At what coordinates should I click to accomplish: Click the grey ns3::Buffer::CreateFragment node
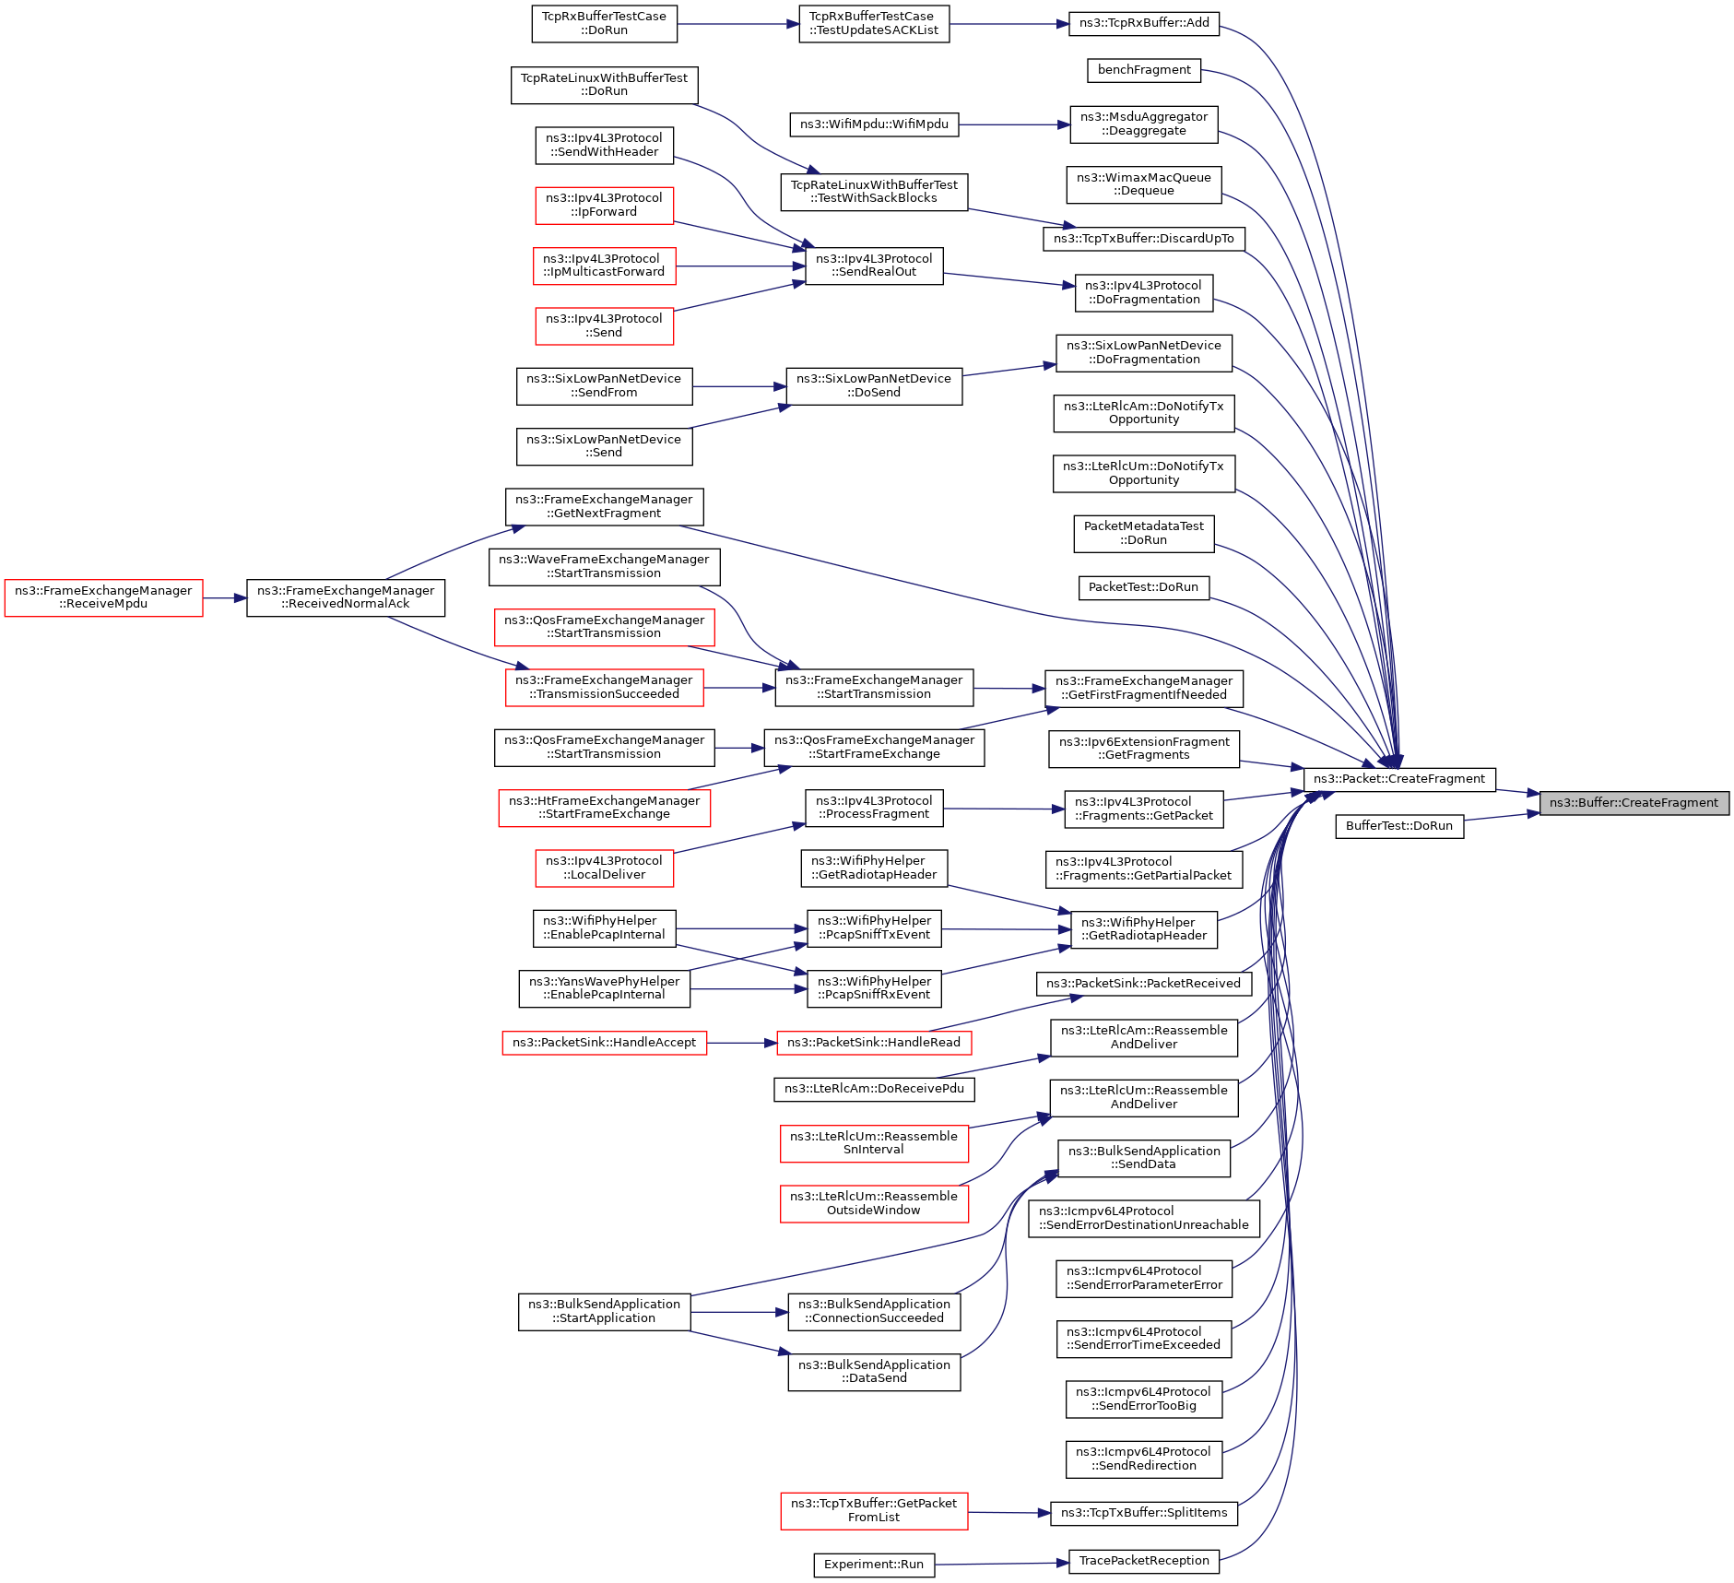[1634, 803]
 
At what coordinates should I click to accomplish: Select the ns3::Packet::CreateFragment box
[1399, 779]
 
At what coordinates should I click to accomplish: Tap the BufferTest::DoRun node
[1399, 826]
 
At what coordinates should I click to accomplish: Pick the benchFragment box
[1144, 70]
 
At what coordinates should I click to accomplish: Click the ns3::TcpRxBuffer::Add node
[1144, 23]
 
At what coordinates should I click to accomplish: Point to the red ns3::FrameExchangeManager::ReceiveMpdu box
[103, 597]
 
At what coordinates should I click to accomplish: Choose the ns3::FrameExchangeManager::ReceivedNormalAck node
[346, 597]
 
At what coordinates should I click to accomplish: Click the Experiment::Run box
[874, 1565]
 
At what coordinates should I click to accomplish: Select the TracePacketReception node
[1144, 1561]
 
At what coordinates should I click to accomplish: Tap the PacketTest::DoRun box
[1144, 587]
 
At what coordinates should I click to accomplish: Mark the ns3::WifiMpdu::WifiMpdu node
[874, 124]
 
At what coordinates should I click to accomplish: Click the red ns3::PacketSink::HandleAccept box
[605, 1043]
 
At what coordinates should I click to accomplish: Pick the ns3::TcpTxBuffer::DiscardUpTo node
[1144, 239]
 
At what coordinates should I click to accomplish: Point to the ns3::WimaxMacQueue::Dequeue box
[1144, 184]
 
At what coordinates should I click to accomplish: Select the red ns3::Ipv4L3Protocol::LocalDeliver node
[605, 868]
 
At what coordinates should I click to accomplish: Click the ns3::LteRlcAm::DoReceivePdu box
[874, 1089]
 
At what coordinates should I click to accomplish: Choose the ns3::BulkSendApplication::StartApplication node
[605, 1312]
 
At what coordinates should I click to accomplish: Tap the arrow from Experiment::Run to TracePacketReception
[1001, 1563]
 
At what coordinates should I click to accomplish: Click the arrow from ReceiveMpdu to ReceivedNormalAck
[225, 598]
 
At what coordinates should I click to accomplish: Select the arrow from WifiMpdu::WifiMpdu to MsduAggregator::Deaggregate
[1014, 124]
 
